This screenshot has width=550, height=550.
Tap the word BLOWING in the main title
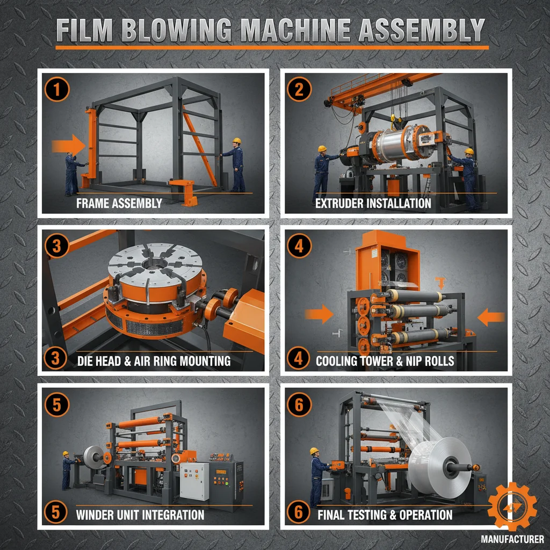pyautogui.click(x=183, y=31)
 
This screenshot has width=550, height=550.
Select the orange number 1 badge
pyautogui.click(x=57, y=90)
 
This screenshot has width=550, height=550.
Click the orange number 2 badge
pyautogui.click(x=299, y=90)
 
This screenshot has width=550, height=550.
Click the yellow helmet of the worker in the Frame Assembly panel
pyautogui.click(x=236, y=141)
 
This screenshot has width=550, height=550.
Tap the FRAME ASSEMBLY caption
pyautogui.click(x=119, y=204)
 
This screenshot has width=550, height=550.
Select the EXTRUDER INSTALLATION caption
pyautogui.click(x=373, y=204)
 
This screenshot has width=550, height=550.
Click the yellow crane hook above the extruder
pyautogui.click(x=393, y=117)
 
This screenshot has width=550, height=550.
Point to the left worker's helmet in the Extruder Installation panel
pyautogui.click(x=322, y=149)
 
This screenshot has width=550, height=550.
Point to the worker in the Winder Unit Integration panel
pyautogui.click(x=67, y=470)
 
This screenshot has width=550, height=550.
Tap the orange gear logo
pyautogui.click(x=512, y=506)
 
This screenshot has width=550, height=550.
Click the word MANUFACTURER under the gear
pyautogui.click(x=512, y=539)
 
